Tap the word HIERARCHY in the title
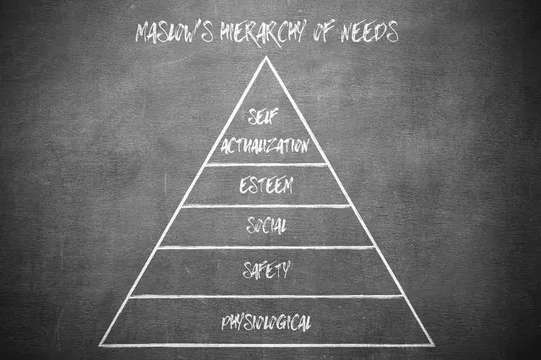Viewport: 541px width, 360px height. pos(261,34)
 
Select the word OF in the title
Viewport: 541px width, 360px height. pos(323,32)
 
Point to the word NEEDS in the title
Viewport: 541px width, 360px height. pos(369,32)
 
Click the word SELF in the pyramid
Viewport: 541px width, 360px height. pos(263,117)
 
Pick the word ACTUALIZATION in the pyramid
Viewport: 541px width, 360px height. pos(265,146)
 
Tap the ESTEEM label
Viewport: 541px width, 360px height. pos(266,186)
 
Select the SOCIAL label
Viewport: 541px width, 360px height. pos(266,226)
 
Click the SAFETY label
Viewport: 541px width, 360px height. pos(266,270)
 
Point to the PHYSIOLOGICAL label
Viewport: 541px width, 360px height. pos(266,323)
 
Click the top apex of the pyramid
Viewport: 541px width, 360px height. pos(266,57)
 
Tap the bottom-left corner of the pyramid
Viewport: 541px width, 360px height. pos(100,345)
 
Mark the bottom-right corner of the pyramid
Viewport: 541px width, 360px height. pos(434,345)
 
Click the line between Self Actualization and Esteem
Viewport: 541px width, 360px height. pos(266,165)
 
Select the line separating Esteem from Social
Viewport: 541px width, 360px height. pos(266,206)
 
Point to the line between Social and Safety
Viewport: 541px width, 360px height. pos(266,248)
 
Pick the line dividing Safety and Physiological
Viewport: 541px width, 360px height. pos(266,297)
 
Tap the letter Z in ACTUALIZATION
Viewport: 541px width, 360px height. pos(273,146)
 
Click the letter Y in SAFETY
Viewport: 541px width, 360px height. pos(285,270)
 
